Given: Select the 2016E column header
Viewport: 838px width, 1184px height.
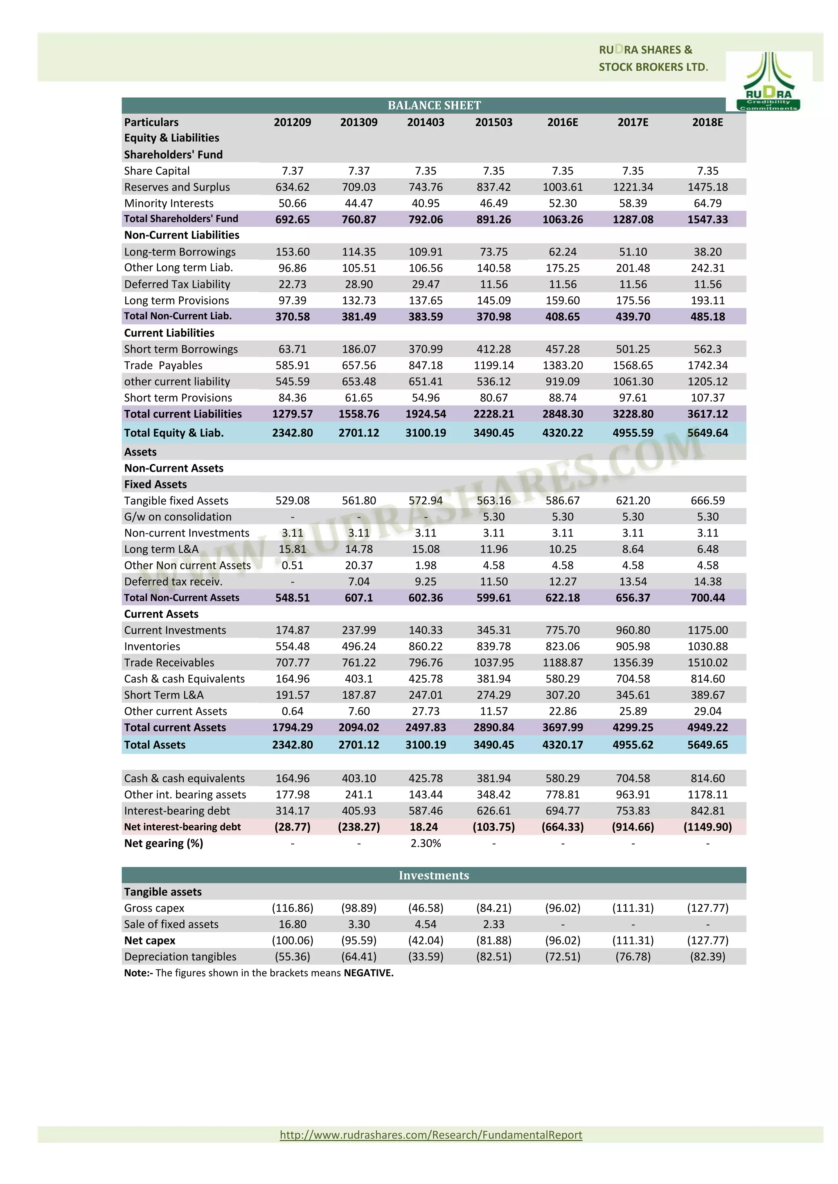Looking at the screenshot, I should tap(563, 122).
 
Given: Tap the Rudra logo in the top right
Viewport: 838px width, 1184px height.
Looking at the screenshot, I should tap(768, 81).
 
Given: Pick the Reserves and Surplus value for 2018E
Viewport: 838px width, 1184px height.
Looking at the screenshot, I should tap(707, 187).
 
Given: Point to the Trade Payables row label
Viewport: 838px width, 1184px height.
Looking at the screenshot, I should tap(163, 365).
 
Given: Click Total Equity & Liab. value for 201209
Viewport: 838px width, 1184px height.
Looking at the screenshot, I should tap(292, 433).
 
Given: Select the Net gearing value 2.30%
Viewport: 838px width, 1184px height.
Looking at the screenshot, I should tap(425, 843).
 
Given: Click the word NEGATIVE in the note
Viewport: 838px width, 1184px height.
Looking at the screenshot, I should tap(368, 973).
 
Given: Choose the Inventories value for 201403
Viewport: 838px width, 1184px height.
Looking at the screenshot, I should tap(425, 646).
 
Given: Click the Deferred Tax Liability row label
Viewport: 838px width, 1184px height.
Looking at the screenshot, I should tap(177, 284).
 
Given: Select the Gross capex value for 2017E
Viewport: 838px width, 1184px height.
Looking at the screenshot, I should tap(633, 908).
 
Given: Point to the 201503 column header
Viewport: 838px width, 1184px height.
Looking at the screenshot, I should tap(493, 122).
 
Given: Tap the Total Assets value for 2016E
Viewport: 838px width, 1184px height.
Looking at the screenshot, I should tap(563, 744).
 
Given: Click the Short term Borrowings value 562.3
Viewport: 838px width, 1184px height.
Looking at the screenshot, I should tap(707, 349).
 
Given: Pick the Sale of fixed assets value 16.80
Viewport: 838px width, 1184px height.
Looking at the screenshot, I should tap(292, 924).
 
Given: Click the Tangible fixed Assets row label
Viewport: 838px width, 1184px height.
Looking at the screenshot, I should tap(176, 500).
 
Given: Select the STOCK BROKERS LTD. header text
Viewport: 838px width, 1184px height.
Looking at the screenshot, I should tap(653, 67).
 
